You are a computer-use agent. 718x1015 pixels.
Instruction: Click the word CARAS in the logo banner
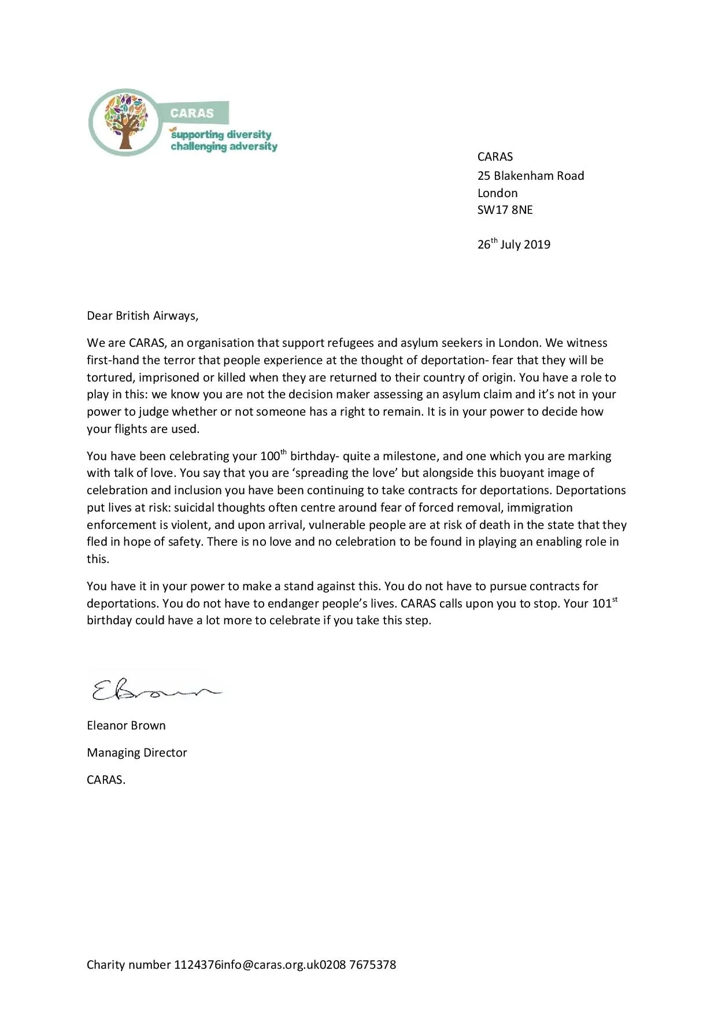tap(191, 113)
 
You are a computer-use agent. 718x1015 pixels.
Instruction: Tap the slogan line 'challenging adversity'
tap(224, 146)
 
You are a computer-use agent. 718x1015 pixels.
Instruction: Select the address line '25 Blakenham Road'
tap(530, 176)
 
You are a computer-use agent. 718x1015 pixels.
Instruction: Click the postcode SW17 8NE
tap(505, 210)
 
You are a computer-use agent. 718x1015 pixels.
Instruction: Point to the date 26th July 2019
tap(513, 244)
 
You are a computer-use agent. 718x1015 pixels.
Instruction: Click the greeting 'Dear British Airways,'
tap(142, 316)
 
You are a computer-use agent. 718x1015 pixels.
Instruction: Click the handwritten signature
tap(155, 689)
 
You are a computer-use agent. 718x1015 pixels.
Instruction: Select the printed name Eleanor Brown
tap(126, 725)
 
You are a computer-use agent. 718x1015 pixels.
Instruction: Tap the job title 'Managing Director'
tap(136, 753)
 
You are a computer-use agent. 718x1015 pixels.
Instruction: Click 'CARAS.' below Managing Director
tap(106, 780)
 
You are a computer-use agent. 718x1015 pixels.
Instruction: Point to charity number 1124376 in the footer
tap(154, 965)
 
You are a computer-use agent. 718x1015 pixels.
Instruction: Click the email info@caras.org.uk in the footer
tap(270, 965)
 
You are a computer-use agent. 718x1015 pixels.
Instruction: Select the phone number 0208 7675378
tap(358, 965)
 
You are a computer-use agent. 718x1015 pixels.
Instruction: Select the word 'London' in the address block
tap(497, 193)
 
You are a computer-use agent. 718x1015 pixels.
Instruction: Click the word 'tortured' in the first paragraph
tap(109, 377)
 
